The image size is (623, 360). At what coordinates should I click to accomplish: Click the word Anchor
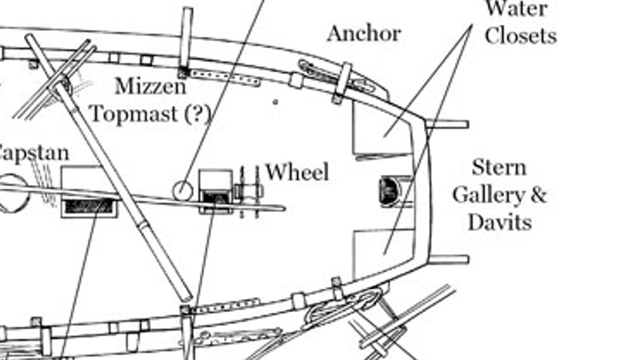pyautogui.click(x=364, y=34)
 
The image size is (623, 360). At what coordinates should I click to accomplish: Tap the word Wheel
pyautogui.click(x=297, y=173)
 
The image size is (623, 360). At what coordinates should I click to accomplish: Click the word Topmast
pyautogui.click(x=135, y=114)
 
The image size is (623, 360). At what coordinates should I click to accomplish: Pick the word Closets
pyautogui.click(x=520, y=36)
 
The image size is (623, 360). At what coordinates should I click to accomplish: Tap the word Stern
pyautogui.click(x=499, y=168)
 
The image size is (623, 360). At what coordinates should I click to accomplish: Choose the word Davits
pyautogui.click(x=499, y=223)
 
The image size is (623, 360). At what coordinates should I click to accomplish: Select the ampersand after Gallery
pyautogui.click(x=539, y=195)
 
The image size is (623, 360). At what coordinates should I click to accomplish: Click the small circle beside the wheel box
pyautogui.click(x=183, y=191)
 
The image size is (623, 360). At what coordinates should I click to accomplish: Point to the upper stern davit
pyautogui.click(x=447, y=124)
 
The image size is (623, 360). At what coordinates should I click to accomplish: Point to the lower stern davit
pyautogui.click(x=448, y=259)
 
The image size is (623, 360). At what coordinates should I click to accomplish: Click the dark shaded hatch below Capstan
pyautogui.click(x=88, y=207)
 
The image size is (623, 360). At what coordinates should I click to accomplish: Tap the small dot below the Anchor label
pyautogui.click(x=275, y=102)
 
